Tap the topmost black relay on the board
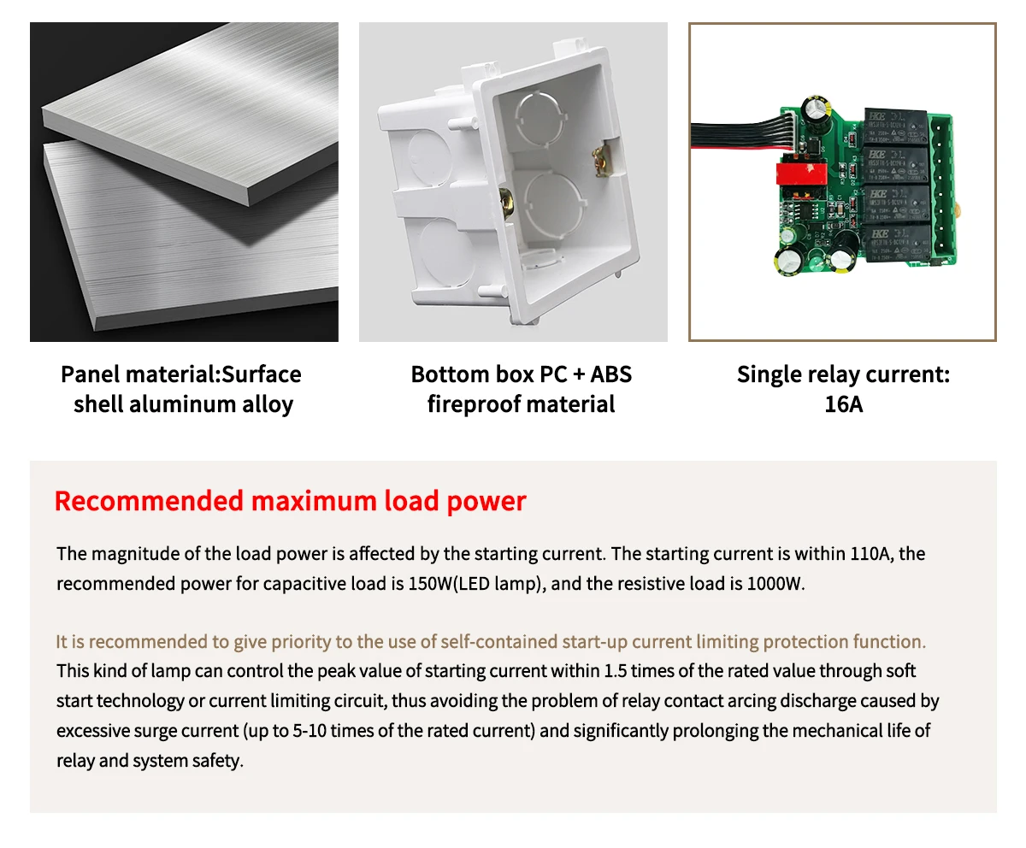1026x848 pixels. pyautogui.click(x=895, y=127)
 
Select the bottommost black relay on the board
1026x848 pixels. pyautogui.click(x=899, y=243)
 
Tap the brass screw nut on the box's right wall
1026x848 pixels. pyautogui.click(x=603, y=160)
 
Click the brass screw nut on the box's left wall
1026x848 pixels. pyautogui.click(x=507, y=203)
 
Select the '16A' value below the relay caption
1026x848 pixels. pyautogui.click(x=843, y=404)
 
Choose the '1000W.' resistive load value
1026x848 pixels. pyautogui.click(x=775, y=584)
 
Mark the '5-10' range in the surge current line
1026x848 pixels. pyautogui.click(x=310, y=731)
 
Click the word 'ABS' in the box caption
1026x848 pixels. pyautogui.click(x=610, y=374)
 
